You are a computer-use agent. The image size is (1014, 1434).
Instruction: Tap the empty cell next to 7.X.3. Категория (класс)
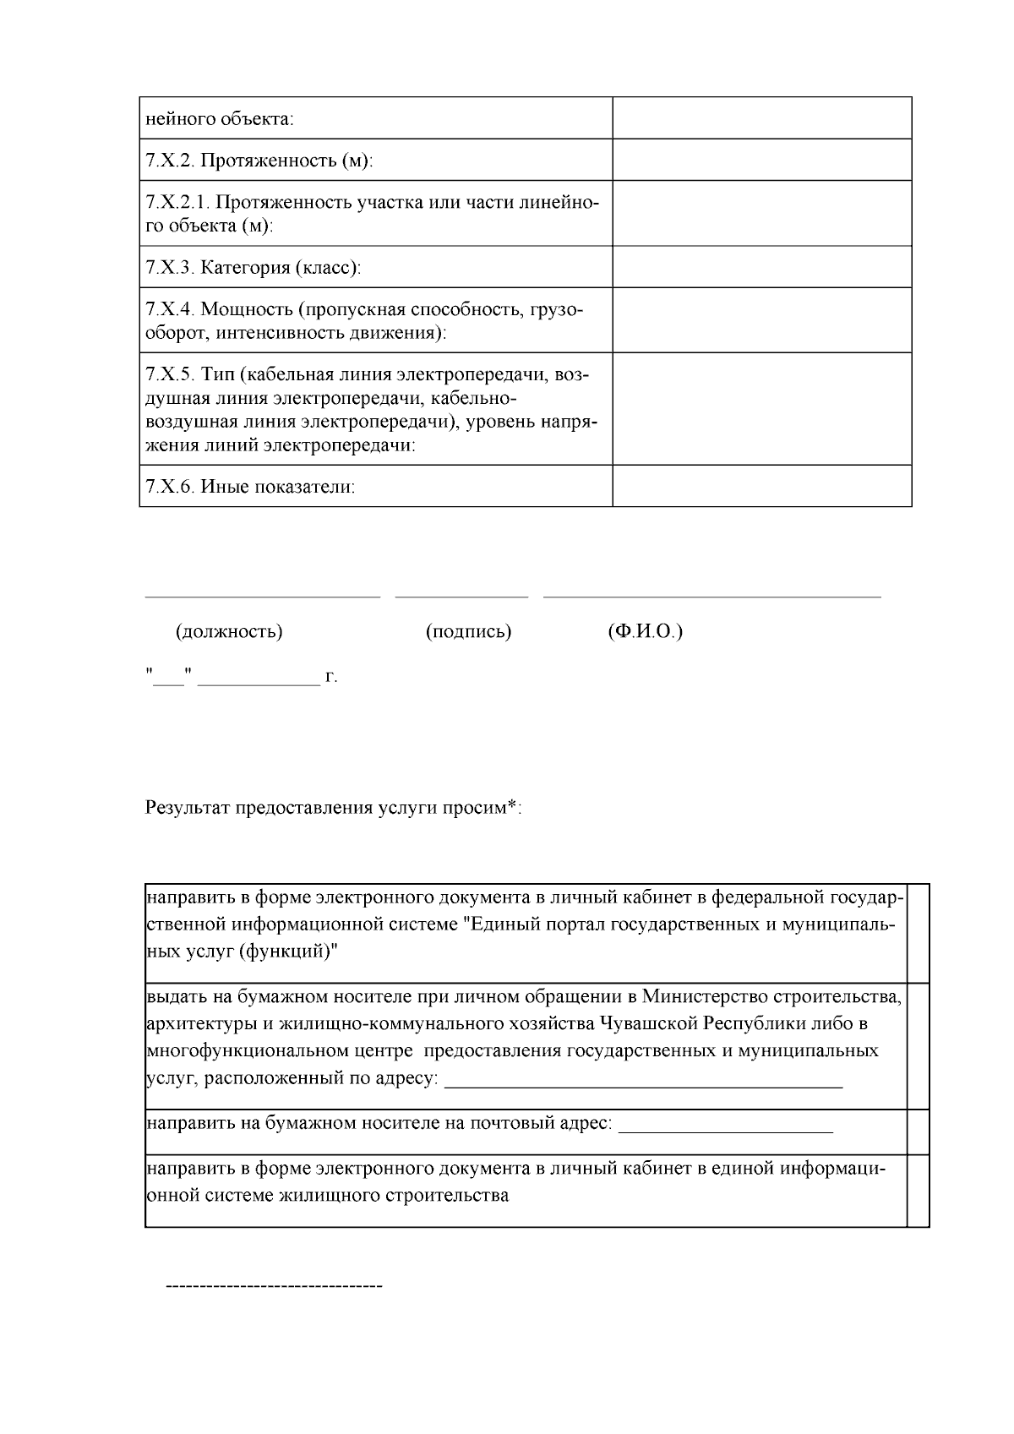(x=761, y=267)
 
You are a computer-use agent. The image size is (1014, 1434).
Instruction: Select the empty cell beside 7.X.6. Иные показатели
(x=761, y=486)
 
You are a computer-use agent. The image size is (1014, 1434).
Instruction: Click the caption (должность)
(x=229, y=632)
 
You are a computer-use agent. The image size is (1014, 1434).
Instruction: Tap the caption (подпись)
(x=469, y=632)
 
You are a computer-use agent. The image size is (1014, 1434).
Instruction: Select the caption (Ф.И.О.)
(x=645, y=632)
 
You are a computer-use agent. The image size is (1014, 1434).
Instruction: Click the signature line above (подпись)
(x=461, y=597)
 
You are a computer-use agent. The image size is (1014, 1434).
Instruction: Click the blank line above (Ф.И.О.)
(x=711, y=597)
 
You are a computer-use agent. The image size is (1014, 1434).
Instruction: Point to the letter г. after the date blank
(x=332, y=677)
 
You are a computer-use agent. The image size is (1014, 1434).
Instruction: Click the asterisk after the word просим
(x=512, y=805)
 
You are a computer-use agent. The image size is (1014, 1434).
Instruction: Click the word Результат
(x=187, y=808)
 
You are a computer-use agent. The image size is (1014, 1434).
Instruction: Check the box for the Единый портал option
(x=919, y=933)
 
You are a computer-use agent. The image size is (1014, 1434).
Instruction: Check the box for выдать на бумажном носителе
(x=919, y=1046)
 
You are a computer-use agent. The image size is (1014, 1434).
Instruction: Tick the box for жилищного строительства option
(x=919, y=1191)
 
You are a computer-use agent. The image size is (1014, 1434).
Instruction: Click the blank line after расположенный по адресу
(x=643, y=1085)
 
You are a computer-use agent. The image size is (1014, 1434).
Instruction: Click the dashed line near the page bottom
(x=274, y=1286)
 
